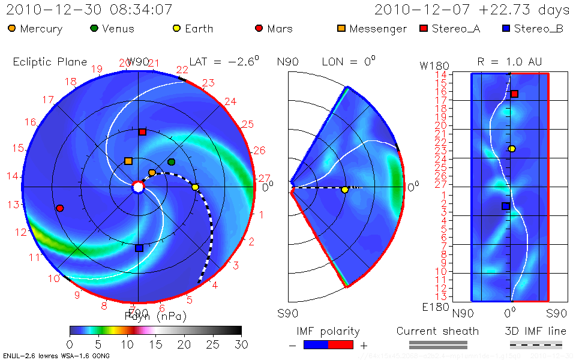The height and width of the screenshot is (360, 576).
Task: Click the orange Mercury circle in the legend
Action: pyautogui.click(x=12, y=28)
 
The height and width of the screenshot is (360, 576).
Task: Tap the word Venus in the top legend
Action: pyautogui.click(x=118, y=29)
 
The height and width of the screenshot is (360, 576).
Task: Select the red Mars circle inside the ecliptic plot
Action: pyautogui.click(x=59, y=208)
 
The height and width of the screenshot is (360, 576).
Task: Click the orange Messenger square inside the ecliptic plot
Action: pyautogui.click(x=128, y=161)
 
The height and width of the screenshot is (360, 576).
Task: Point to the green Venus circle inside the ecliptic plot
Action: pyautogui.click(x=172, y=162)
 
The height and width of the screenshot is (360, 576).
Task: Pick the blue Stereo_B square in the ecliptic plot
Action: pyautogui.click(x=139, y=248)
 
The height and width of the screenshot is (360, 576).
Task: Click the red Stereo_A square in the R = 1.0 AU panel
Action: pyautogui.click(x=514, y=94)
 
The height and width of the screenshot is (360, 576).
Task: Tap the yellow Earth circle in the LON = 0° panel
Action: pyautogui.click(x=344, y=190)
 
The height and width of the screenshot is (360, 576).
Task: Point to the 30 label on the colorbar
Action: pyautogui.click(x=241, y=344)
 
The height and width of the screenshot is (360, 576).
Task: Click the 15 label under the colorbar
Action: pyautogui.click(x=155, y=344)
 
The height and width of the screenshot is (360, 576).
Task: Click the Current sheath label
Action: pyautogui.click(x=437, y=331)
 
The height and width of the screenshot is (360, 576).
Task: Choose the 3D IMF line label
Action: pyautogui.click(x=536, y=331)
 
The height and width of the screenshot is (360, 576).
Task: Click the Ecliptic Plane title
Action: pyautogui.click(x=50, y=62)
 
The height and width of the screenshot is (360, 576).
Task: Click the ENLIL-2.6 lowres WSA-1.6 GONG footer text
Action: pyautogui.click(x=56, y=356)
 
